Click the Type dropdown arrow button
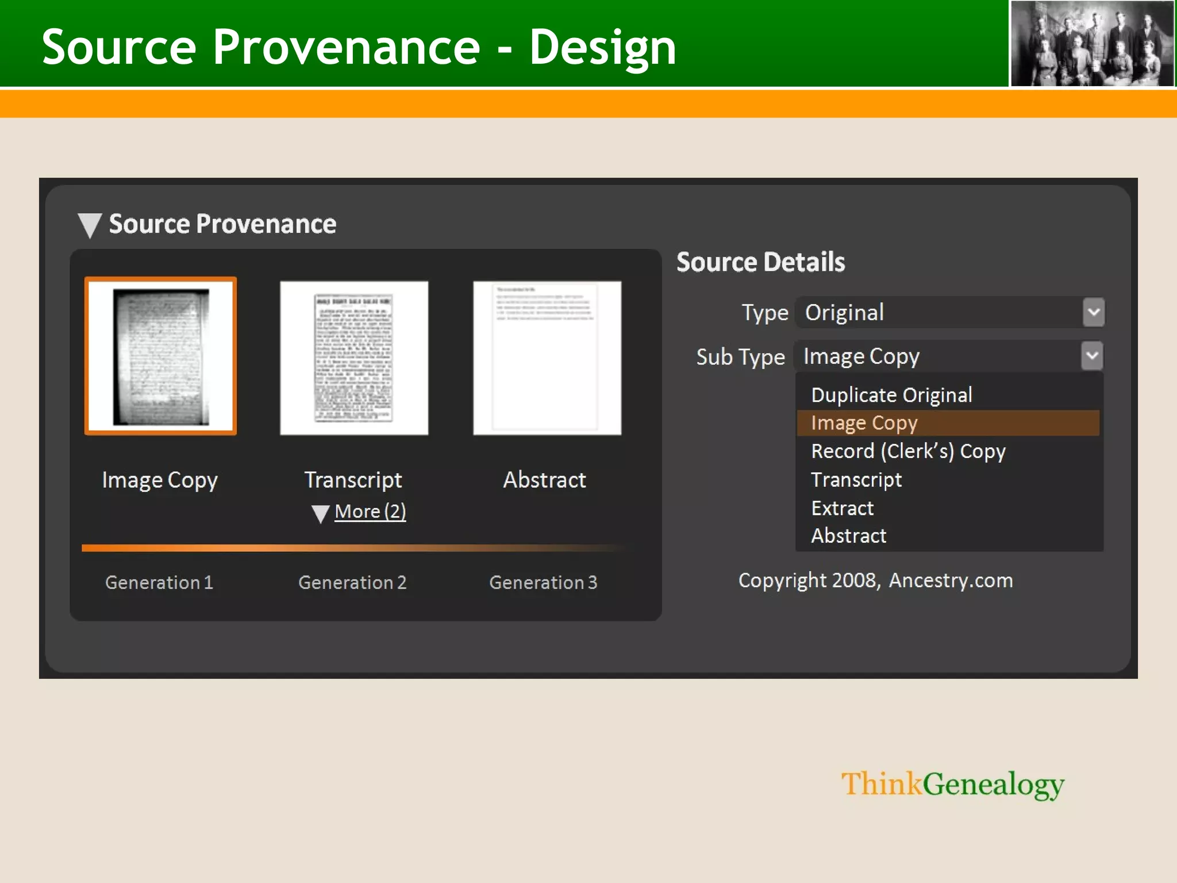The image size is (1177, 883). pyautogui.click(x=1094, y=313)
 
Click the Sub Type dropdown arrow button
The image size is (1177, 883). pyautogui.click(x=1092, y=356)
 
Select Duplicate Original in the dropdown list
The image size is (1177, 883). pyautogui.click(x=891, y=396)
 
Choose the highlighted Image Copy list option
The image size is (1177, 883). pyautogui.click(x=864, y=423)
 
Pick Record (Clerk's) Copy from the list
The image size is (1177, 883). pyautogui.click(x=908, y=451)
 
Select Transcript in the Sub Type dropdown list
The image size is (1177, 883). pyautogui.click(x=856, y=479)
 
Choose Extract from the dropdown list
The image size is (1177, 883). pyautogui.click(x=842, y=508)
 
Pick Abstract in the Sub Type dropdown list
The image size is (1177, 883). pyautogui.click(x=848, y=536)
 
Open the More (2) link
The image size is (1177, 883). pyautogui.click(x=370, y=512)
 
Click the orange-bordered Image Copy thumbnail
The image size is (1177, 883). pyautogui.click(x=160, y=356)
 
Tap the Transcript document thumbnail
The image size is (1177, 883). pyautogui.click(x=354, y=358)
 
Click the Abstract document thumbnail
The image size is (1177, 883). pyautogui.click(x=547, y=358)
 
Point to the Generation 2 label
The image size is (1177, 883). pyautogui.click(x=352, y=582)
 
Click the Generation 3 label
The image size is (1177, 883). pyautogui.click(x=543, y=582)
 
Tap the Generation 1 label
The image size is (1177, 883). pyautogui.click(x=159, y=582)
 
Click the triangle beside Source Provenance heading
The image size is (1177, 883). pyautogui.click(x=90, y=225)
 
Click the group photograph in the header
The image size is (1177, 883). pyautogui.click(x=1092, y=44)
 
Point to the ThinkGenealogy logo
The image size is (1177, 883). pyautogui.click(x=952, y=785)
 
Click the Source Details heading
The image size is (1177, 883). pyautogui.click(x=760, y=262)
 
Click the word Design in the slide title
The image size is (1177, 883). pyautogui.click(x=602, y=47)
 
